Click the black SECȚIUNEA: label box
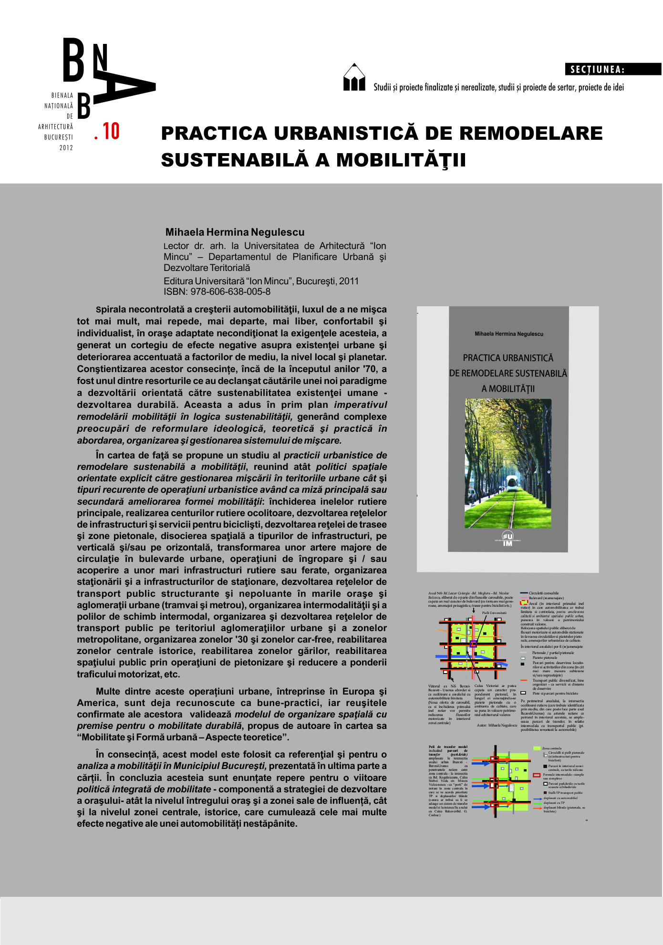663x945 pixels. coord(613,69)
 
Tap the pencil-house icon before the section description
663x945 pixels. coord(354,78)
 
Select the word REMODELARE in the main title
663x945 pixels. coord(531,134)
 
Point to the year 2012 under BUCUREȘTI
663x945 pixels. coord(66,148)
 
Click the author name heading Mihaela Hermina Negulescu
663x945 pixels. coord(235,232)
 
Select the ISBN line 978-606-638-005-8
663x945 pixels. coord(217,292)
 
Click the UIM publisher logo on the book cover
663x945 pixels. coord(508,538)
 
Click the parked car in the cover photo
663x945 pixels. coord(472,494)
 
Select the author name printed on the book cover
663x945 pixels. coord(508,334)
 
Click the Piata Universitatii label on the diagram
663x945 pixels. coord(494,613)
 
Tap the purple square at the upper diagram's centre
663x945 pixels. coord(473,644)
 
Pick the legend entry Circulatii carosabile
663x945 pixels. coord(543,593)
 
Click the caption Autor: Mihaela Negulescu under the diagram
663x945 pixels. coord(497,726)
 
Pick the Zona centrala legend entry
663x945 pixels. coord(551,748)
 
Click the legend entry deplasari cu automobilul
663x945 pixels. coord(560,798)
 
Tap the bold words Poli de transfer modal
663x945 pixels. coord(448,747)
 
